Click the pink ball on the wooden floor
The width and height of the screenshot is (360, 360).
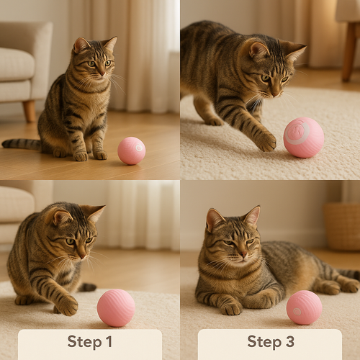pyautogui.click(x=131, y=150)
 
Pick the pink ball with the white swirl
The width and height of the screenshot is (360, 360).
pyautogui.click(x=303, y=137)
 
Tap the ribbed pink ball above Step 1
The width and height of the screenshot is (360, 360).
pyautogui.click(x=116, y=307)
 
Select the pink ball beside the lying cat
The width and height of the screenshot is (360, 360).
pyautogui.click(x=304, y=307)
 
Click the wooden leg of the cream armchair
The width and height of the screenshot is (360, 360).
pyautogui.click(x=30, y=110)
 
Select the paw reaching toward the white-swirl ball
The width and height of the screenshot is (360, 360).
pyautogui.click(x=265, y=141)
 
